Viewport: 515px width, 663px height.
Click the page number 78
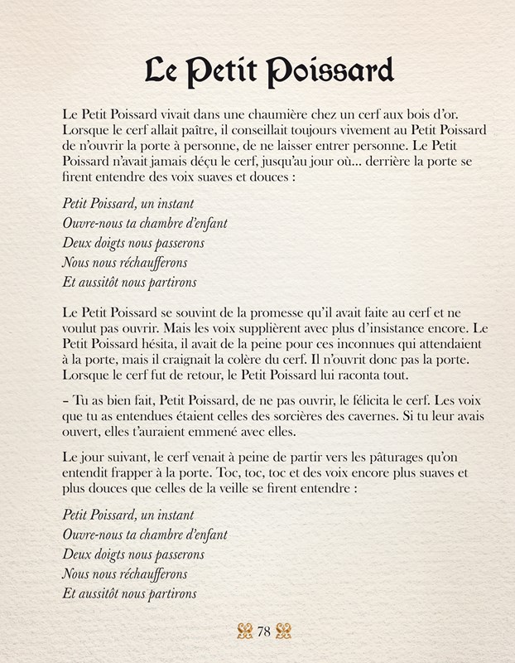coord(264,632)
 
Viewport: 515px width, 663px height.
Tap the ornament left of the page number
coord(244,632)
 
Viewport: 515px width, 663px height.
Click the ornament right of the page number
coord(284,632)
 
